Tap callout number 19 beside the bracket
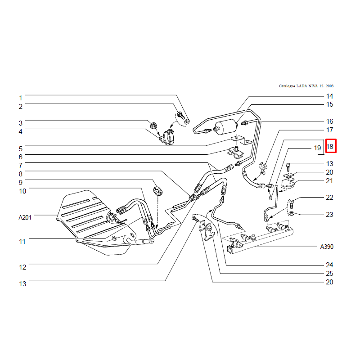point(317,148)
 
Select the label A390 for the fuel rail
point(327,247)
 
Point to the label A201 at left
point(25,217)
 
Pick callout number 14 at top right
point(329,96)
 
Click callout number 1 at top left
point(20,98)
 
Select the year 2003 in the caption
point(329,86)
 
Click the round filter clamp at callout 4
point(168,138)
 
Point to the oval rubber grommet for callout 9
point(157,191)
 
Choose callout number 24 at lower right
point(329,265)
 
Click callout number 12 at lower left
point(22,267)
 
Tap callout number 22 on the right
point(329,198)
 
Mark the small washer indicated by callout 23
point(292,213)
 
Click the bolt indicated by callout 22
point(292,203)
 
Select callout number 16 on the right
point(329,121)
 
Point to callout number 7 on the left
point(20,165)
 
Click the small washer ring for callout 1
point(187,121)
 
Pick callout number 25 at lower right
point(329,274)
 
